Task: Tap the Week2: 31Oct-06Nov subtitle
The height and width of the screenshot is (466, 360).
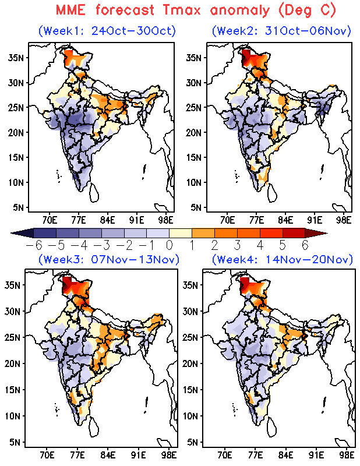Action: click(283, 30)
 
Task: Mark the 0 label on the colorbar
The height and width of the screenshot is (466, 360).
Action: click(169, 245)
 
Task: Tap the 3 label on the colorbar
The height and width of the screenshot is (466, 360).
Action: click(237, 245)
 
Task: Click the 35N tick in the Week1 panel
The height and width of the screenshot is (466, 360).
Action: click(16, 57)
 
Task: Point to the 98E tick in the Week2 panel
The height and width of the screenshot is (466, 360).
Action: click(344, 220)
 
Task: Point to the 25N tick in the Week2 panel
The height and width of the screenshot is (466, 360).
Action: click(194, 107)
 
